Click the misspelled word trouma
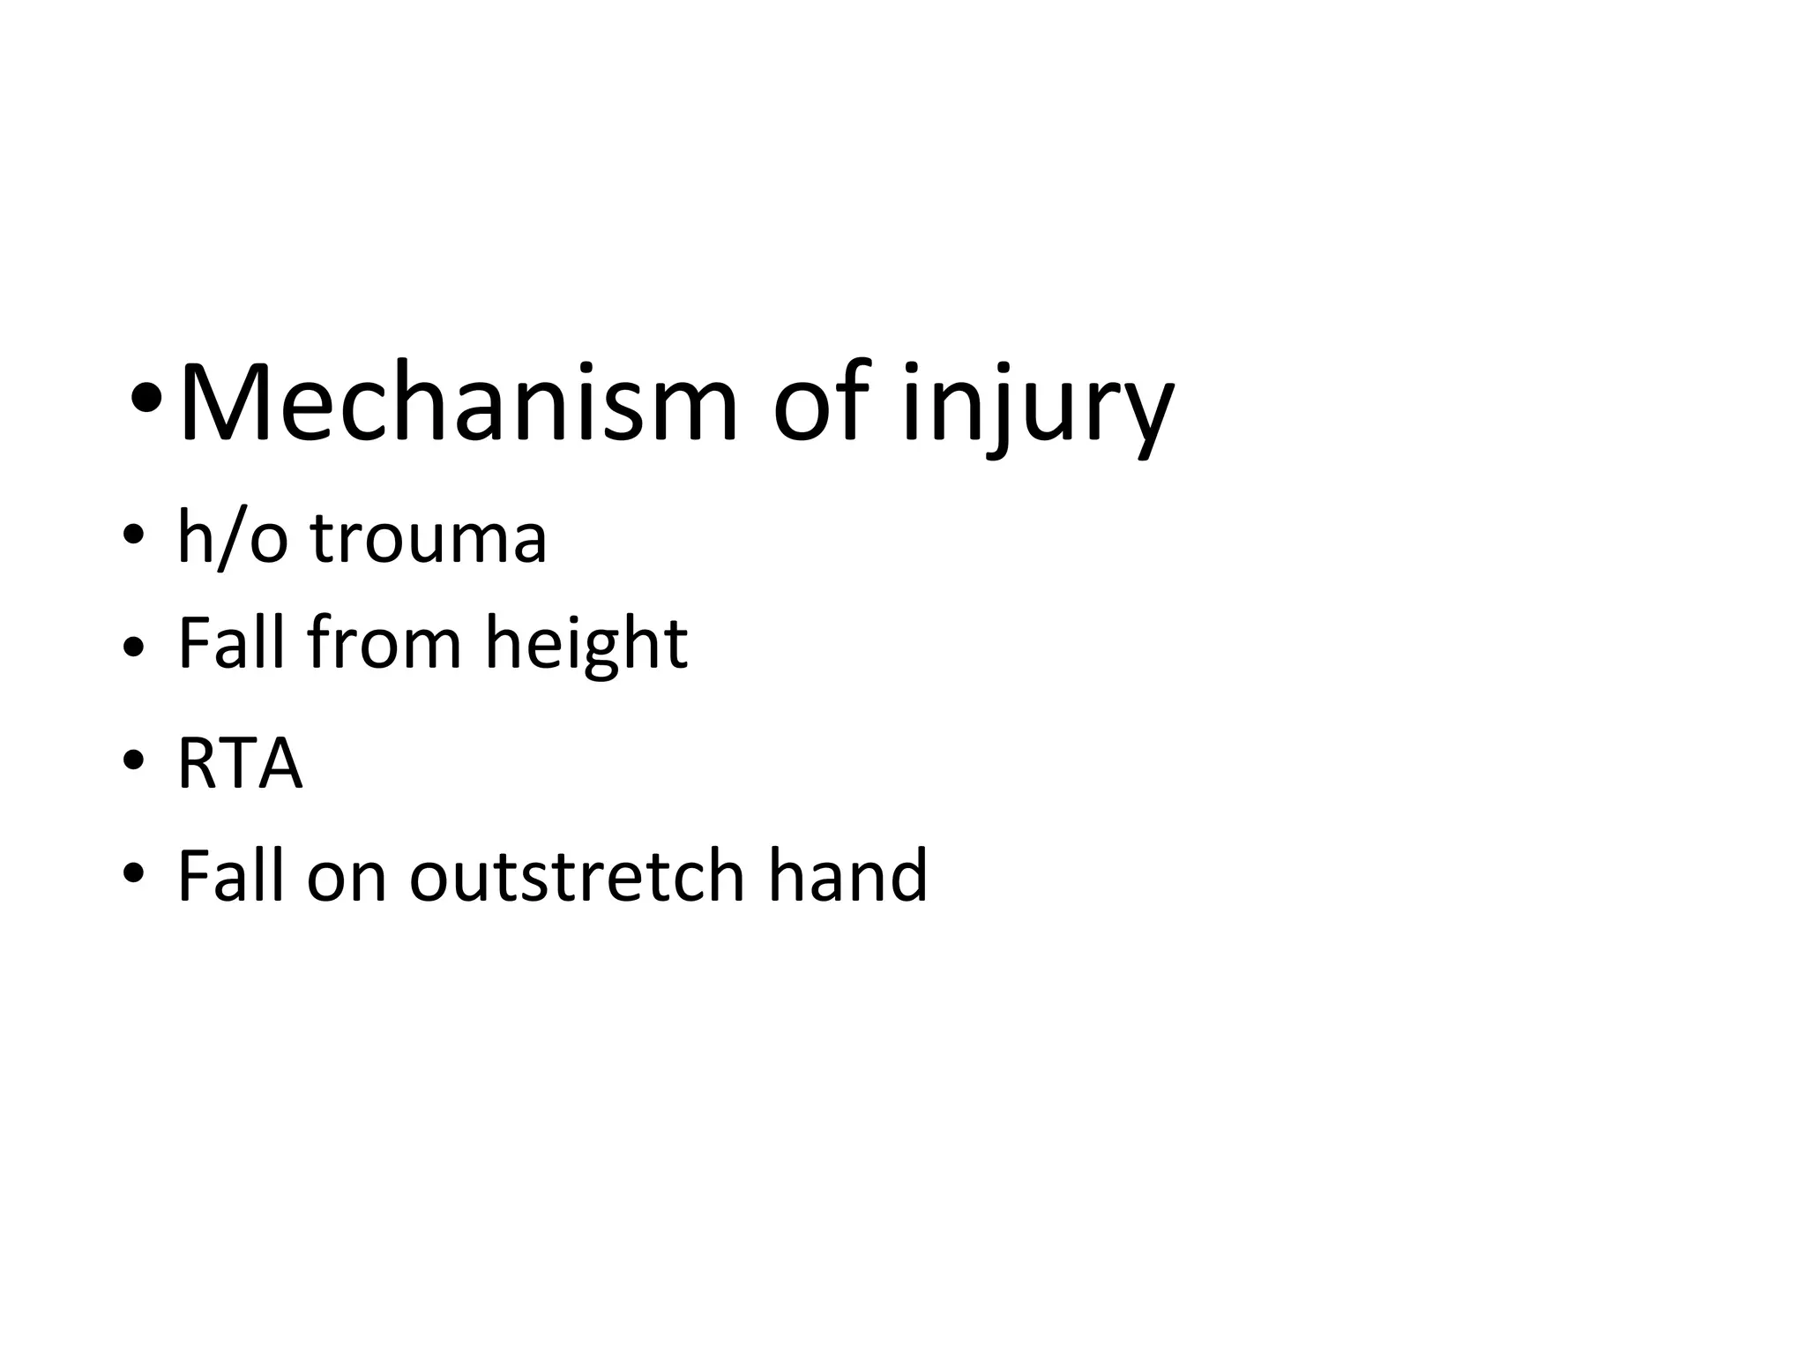(x=429, y=540)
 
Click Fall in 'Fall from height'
(x=232, y=643)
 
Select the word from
(x=384, y=643)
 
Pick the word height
(x=586, y=646)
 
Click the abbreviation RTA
(x=240, y=764)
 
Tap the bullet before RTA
(x=133, y=760)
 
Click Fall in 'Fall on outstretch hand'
(x=232, y=875)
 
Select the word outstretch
(x=576, y=877)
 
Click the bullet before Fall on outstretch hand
(x=133, y=874)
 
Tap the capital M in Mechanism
(x=217, y=402)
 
